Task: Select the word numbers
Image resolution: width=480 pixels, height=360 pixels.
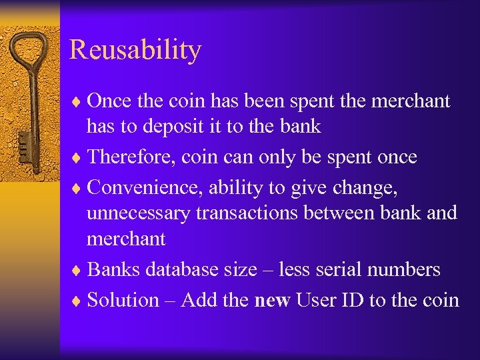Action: click(x=404, y=269)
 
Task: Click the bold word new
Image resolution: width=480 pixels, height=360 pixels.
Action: click(x=272, y=301)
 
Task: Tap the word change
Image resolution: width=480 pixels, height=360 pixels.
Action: click(x=366, y=189)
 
